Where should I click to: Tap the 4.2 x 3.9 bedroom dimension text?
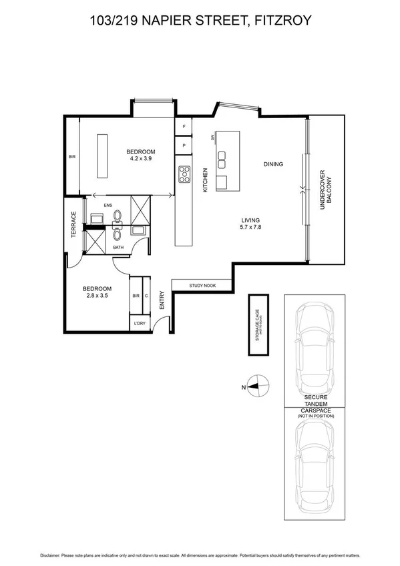[x=140, y=159]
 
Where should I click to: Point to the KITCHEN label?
[x=205, y=180]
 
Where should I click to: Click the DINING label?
[x=272, y=164]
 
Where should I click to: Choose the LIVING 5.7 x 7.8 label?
[x=250, y=224]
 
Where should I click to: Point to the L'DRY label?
[x=139, y=324]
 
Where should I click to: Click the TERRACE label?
[x=74, y=224]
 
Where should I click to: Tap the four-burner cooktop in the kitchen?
[x=184, y=175]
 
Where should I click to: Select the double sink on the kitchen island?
[x=221, y=160]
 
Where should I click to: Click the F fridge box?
[x=184, y=126]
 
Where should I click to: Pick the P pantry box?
[x=184, y=145]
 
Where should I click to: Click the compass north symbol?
[x=259, y=386]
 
